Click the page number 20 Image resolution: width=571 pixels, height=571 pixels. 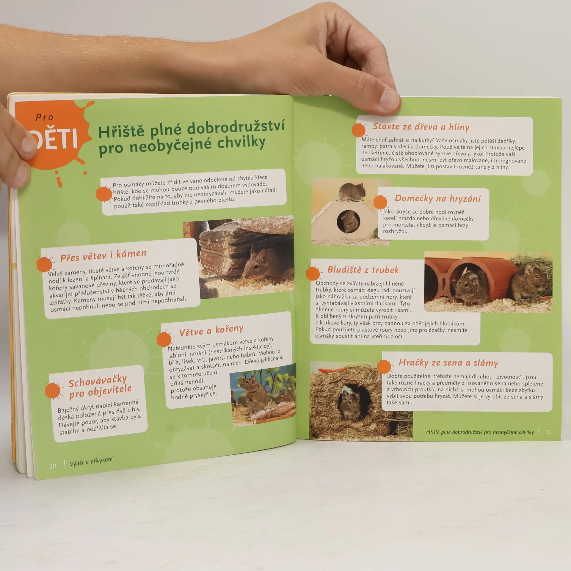(53, 466)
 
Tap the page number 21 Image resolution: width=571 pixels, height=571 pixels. (549, 432)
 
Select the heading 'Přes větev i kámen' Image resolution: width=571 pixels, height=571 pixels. (103, 255)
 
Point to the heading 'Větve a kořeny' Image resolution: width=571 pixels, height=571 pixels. (211, 330)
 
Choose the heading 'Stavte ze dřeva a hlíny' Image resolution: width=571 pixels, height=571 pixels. (421, 127)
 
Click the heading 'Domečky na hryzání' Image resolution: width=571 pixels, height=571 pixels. (437, 198)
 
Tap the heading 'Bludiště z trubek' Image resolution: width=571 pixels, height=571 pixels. (363, 270)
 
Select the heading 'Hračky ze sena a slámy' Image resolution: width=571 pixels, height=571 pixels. (448, 363)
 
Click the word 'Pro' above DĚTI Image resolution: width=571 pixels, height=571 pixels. (44, 117)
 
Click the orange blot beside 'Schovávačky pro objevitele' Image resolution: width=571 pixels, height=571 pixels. (53, 390)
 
